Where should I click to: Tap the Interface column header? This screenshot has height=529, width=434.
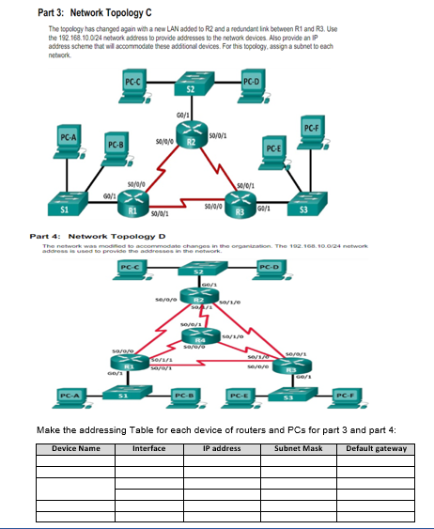click(x=148, y=448)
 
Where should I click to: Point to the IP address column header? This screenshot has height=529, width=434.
click(x=222, y=448)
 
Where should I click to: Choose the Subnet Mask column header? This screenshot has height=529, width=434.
click(x=297, y=448)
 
